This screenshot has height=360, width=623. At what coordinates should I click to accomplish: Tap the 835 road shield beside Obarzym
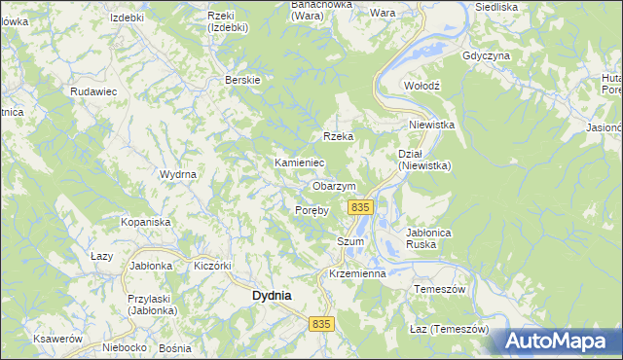pos(360,207)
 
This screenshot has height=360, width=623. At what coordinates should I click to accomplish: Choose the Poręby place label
pos(311,210)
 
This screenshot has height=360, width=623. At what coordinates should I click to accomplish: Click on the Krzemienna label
pos(357,274)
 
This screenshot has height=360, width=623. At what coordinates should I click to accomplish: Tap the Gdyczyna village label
pos(487,55)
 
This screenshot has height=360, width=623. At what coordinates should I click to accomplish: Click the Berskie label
pos(241,79)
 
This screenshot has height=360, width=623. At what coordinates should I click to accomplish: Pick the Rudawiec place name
pos(93,90)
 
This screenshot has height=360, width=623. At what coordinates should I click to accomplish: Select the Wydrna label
pos(178,174)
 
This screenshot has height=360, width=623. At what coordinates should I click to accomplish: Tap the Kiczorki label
pos(211,266)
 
